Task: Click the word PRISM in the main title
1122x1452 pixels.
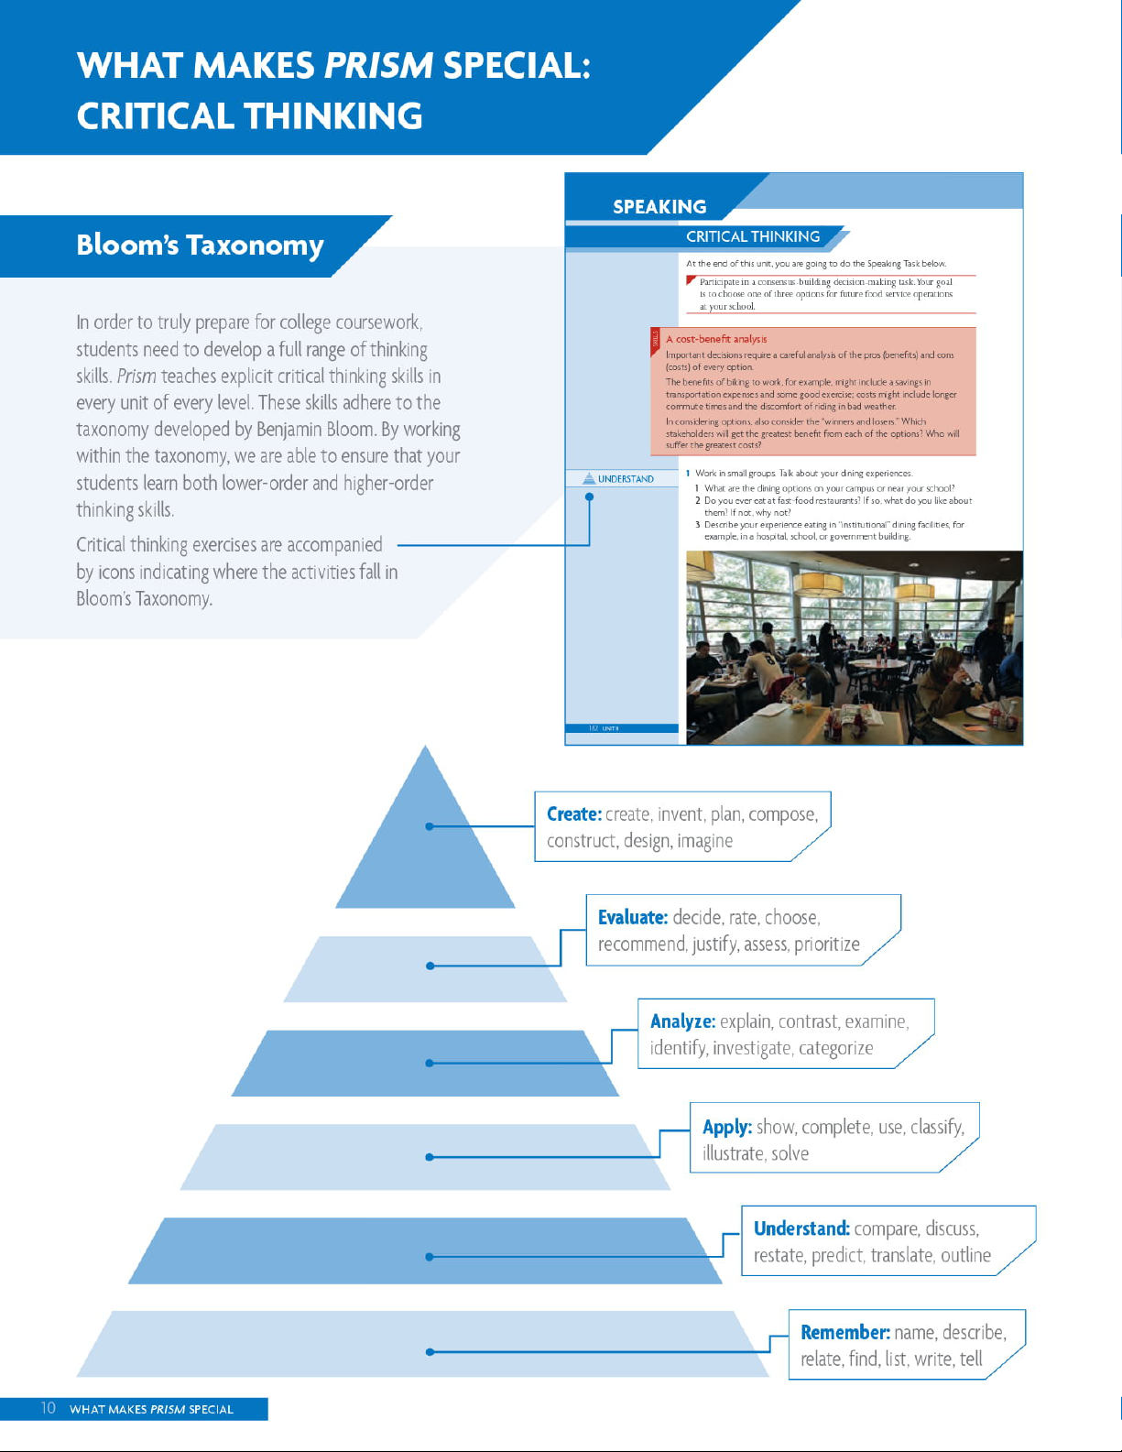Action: tap(378, 66)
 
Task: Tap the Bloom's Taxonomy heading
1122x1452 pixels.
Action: tap(200, 246)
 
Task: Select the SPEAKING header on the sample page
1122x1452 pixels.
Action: tap(659, 207)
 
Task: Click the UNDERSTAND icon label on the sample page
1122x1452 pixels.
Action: tap(626, 479)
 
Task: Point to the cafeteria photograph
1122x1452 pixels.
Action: tap(854, 647)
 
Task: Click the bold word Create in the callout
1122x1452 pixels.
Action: tap(573, 814)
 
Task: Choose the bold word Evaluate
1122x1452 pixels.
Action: tap(633, 918)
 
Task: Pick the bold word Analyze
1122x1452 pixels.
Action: tap(682, 1021)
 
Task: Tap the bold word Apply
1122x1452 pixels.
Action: tap(727, 1127)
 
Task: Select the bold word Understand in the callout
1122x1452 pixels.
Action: tap(801, 1228)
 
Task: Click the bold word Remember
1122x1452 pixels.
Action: tap(844, 1333)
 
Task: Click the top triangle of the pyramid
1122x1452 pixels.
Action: tap(426, 843)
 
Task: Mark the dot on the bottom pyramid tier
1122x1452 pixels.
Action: tap(430, 1351)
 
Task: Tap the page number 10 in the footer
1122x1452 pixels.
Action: tap(48, 1408)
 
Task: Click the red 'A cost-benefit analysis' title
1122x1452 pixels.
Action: tap(716, 339)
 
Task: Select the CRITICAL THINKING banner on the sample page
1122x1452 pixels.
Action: tap(753, 236)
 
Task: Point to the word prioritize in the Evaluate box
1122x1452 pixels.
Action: tap(826, 944)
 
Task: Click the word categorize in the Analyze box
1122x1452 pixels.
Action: tap(835, 1048)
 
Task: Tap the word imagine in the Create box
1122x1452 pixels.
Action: tap(704, 841)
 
